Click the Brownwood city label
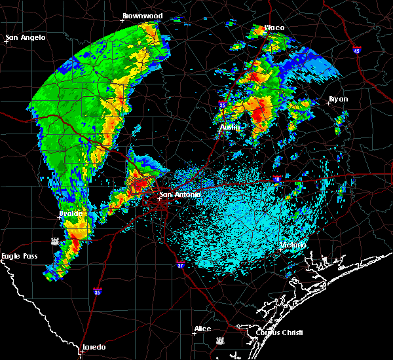click(143, 15)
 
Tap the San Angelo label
click(26, 37)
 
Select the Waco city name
click(274, 28)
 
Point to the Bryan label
click(339, 99)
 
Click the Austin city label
click(229, 127)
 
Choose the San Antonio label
click(180, 194)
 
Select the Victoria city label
click(292, 245)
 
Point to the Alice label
click(203, 329)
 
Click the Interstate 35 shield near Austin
click(223, 104)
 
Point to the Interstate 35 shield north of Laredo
click(98, 292)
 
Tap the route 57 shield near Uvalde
click(57, 240)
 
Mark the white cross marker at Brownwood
click(122, 20)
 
